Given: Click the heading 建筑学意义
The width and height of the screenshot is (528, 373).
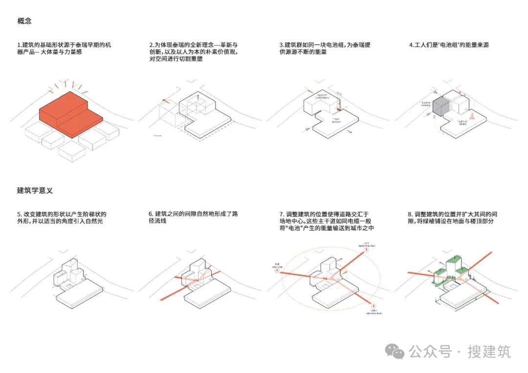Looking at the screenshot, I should click(x=35, y=191).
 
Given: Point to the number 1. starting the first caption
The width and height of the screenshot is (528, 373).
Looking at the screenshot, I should click(x=19, y=45).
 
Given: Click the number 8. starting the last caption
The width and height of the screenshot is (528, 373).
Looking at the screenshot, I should click(x=410, y=215).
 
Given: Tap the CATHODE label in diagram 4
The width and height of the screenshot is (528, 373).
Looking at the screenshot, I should click(x=424, y=104).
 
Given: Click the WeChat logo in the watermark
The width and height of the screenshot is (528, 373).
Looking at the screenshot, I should click(x=395, y=351).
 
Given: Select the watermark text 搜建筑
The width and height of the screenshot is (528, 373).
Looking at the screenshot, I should click(x=489, y=351).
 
